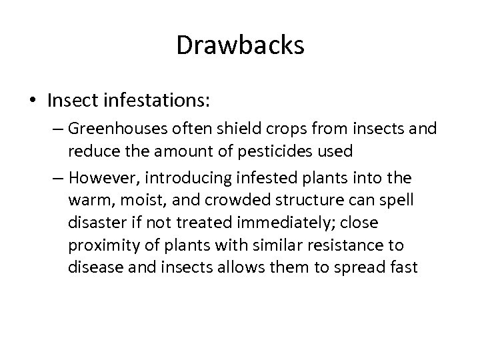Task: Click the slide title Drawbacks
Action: point(240,46)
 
